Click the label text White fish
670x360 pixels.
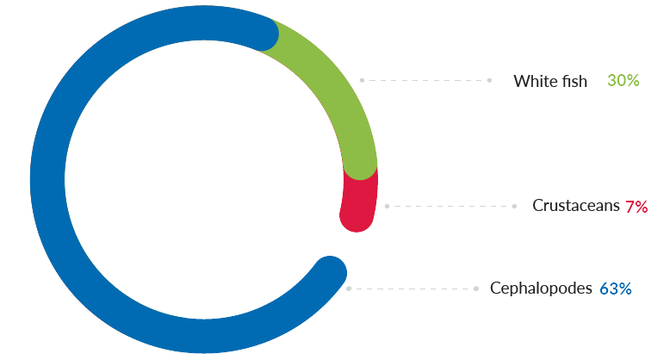(550, 81)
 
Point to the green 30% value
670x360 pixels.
(623, 81)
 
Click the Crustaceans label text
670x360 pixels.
(576, 207)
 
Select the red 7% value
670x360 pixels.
(636, 207)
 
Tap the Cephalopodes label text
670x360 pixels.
(541, 289)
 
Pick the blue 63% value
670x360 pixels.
(616, 289)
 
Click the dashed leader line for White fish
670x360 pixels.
(425, 80)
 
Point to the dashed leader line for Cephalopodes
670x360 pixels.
(413, 289)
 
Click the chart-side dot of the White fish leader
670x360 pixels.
(362, 80)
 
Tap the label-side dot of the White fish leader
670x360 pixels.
(489, 80)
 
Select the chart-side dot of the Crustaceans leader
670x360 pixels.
(388, 207)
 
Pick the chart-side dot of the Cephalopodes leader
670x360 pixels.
(349, 289)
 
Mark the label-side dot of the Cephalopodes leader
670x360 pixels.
(476, 289)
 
